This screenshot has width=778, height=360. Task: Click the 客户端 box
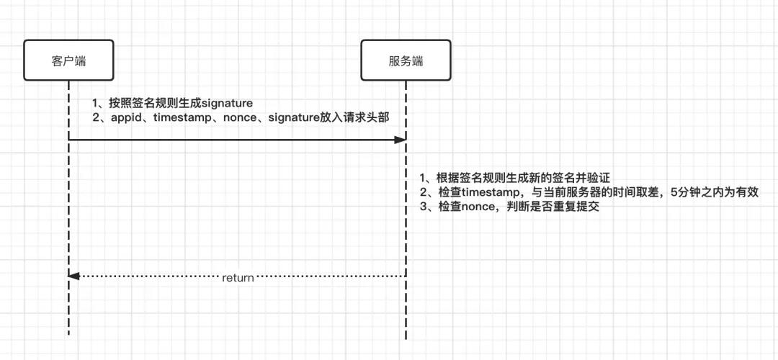pos(68,60)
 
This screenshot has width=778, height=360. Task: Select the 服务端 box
pos(406,60)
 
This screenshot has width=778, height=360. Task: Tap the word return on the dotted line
pos(238,277)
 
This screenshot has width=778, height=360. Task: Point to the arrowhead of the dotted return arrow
pos(73,276)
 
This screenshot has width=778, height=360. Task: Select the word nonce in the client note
pos(237,118)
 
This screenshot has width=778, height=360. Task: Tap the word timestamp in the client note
pos(184,118)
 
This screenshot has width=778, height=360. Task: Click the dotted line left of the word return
pos(144,276)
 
